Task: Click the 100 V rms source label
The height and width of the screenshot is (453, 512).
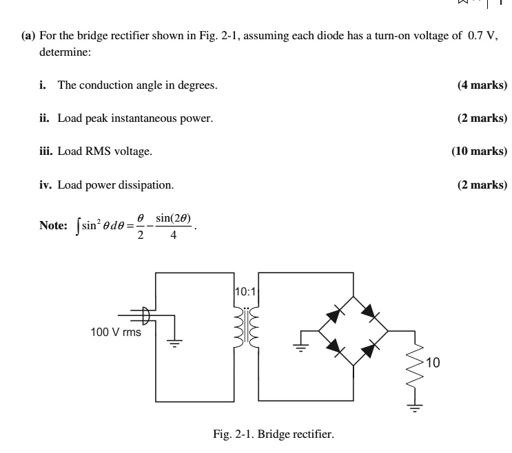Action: coord(116,332)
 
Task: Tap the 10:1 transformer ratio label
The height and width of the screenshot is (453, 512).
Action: coord(245,291)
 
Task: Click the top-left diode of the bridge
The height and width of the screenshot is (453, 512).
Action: coord(334,314)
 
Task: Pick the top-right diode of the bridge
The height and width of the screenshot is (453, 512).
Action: coord(371,314)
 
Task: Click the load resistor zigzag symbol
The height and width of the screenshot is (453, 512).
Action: coord(415,365)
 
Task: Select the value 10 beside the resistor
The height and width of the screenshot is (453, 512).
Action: coord(433,363)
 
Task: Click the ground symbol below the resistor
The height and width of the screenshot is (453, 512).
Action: coord(415,407)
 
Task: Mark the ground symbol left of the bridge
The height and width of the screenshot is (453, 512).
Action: coord(300,345)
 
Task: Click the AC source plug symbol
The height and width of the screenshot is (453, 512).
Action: coord(145,315)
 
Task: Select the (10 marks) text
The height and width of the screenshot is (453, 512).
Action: coord(479,151)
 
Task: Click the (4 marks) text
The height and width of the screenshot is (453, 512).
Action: coord(482,85)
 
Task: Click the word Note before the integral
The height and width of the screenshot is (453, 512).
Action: coord(53,225)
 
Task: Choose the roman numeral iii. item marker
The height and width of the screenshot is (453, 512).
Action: coord(47,151)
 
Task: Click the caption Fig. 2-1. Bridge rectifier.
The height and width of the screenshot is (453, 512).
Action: coord(274,434)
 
